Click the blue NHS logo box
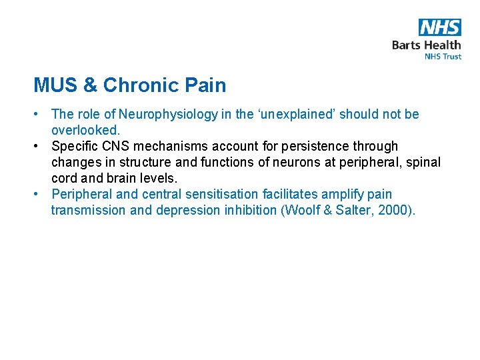click(440, 27)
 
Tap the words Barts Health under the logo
click(426, 45)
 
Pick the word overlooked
click(84, 131)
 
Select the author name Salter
click(353, 211)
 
